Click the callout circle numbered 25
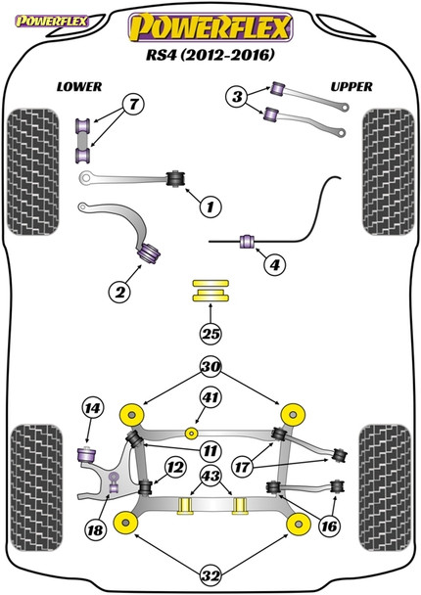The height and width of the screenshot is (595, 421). tap(210, 334)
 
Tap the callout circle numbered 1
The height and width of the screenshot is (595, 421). tap(210, 206)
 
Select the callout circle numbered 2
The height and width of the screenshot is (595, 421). tap(119, 292)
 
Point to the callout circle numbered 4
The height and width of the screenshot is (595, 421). tap(274, 264)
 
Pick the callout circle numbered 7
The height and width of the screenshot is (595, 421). tap(133, 104)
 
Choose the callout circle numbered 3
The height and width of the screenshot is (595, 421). tap(237, 96)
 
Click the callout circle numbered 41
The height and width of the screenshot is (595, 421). tap(210, 397)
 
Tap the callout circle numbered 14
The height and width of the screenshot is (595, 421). tap(93, 408)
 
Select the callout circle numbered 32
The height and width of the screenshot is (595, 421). tap(210, 575)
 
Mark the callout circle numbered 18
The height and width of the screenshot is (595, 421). tap(95, 529)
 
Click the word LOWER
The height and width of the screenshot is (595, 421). tap(79, 87)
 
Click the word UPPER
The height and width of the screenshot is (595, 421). tap(351, 87)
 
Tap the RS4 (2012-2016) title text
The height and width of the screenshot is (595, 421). tap(210, 55)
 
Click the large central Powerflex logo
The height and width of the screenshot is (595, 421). tap(210, 27)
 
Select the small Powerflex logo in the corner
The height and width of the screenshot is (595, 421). tap(51, 22)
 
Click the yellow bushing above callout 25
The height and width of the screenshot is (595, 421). tap(210, 291)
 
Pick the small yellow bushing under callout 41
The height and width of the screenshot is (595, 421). tap(192, 433)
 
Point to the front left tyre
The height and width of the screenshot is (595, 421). tap(33, 172)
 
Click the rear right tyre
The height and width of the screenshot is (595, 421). tap(386, 487)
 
